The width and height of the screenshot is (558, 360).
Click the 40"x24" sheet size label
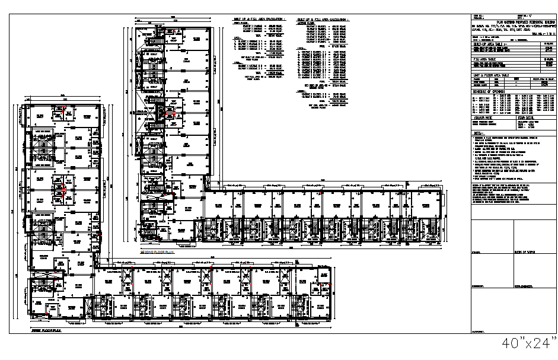(x=529, y=343)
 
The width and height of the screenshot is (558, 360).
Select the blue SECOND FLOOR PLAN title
(x=157, y=252)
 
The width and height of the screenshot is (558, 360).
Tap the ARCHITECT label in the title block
(x=478, y=332)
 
